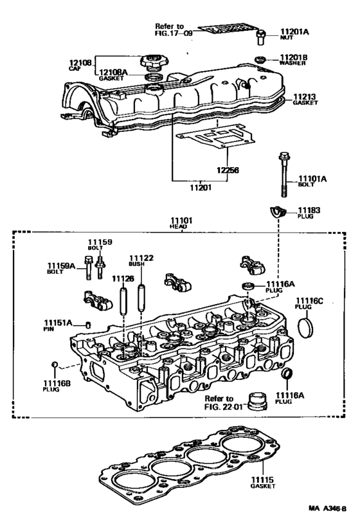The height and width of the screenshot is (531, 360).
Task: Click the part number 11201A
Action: [295, 31]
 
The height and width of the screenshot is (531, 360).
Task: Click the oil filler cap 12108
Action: [154, 64]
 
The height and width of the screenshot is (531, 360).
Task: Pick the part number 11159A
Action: [61, 265]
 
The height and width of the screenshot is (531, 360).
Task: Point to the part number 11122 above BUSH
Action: [141, 258]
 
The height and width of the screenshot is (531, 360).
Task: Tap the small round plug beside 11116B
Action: [56, 366]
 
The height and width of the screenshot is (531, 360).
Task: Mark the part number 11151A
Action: [58, 322]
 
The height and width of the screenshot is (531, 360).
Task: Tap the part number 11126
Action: [123, 278]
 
